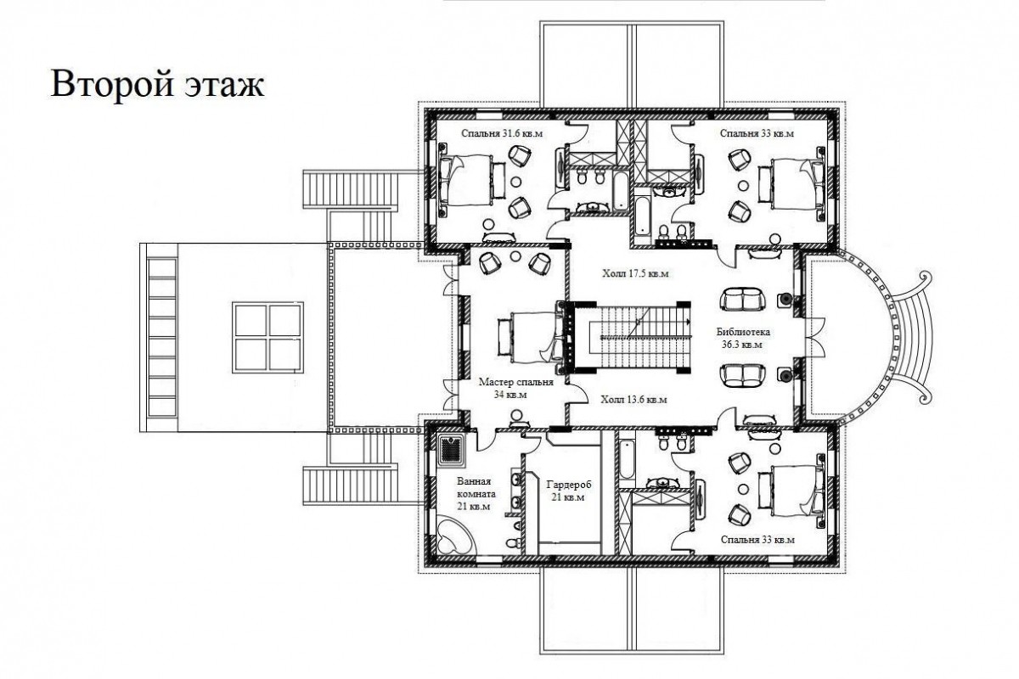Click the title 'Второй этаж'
pos(157,84)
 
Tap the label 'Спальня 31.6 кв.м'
pos(502,134)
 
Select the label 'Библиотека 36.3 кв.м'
pos(743,338)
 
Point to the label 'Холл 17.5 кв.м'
pos(635,274)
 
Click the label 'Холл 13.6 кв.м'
pos(633,400)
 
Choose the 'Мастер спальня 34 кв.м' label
pos(516,388)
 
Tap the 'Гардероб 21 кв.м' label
pos(568,491)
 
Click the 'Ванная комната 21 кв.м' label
pos(476,493)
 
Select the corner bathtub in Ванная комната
pos(455,536)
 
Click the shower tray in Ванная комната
pos(451,450)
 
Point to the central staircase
pos(633,337)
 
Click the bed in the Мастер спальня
pos(531,337)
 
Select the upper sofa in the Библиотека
pos(743,300)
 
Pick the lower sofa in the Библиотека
pos(743,376)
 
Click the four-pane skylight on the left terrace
pos(267,338)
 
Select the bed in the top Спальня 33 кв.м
pos(791,183)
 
